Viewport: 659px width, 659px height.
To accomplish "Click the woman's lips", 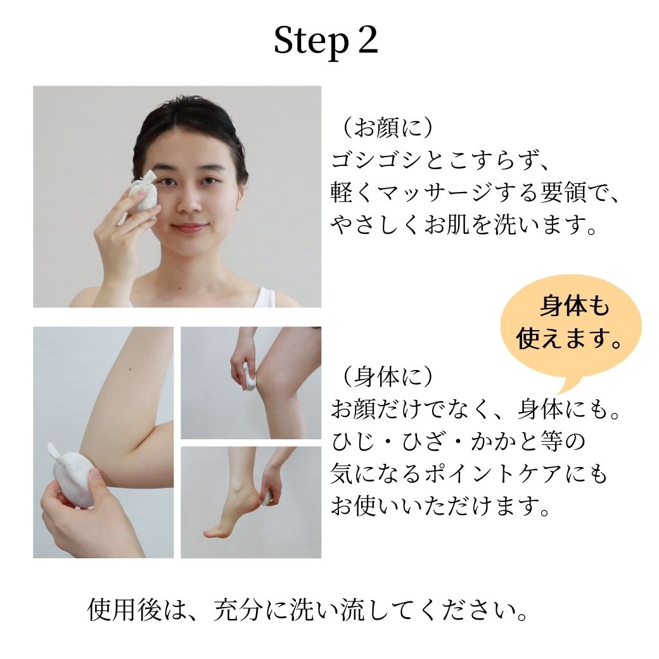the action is (x=189, y=227).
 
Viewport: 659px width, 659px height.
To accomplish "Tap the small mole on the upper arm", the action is (x=130, y=369).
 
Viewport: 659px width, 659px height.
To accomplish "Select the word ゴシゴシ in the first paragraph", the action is (x=378, y=160).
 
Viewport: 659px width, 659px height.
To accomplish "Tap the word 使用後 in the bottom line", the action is (x=124, y=610).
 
